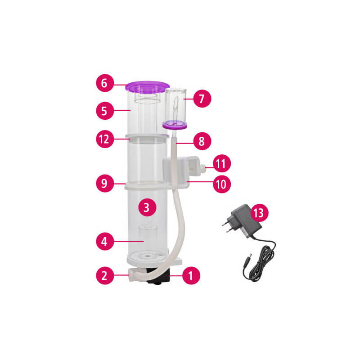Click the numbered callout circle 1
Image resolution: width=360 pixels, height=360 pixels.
191,275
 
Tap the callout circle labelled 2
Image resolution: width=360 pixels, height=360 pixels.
105,275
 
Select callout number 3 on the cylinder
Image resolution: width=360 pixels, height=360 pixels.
147,207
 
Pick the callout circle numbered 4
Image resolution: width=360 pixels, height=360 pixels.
105,241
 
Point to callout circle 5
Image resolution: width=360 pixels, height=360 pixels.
105,111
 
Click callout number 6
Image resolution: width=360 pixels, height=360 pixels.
105,83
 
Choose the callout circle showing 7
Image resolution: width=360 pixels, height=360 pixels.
202,99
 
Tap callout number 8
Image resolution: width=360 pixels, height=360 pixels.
202,141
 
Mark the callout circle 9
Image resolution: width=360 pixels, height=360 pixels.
105,183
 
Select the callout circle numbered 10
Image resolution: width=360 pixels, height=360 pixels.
222,184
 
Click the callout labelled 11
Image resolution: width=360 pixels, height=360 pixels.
222,163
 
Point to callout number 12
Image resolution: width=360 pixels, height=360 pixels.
105,139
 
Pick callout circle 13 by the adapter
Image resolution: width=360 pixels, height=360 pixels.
260,213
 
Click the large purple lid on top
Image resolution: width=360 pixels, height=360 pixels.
147,86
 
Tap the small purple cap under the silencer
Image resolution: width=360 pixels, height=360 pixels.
175,125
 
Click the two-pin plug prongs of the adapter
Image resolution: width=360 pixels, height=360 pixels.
227,226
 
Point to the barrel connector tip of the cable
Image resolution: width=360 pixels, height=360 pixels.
248,257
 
